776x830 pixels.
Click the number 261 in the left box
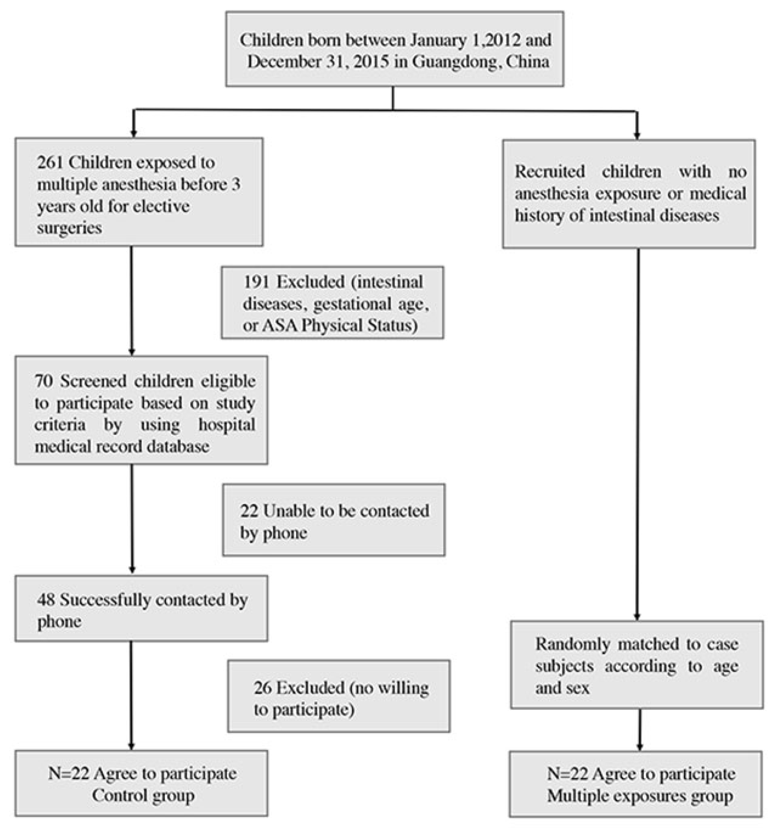(x=50, y=163)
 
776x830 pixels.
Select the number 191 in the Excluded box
(x=257, y=282)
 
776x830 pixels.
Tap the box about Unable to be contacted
(x=334, y=520)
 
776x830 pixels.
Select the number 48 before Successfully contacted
(x=46, y=600)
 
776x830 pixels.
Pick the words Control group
(x=143, y=795)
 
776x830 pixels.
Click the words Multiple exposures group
(x=640, y=796)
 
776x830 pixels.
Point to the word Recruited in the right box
(x=550, y=172)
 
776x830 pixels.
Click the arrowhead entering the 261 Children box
(x=133, y=133)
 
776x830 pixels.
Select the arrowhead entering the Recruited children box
(x=637, y=135)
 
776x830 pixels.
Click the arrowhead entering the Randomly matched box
(x=637, y=616)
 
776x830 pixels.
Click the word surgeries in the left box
(x=69, y=228)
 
